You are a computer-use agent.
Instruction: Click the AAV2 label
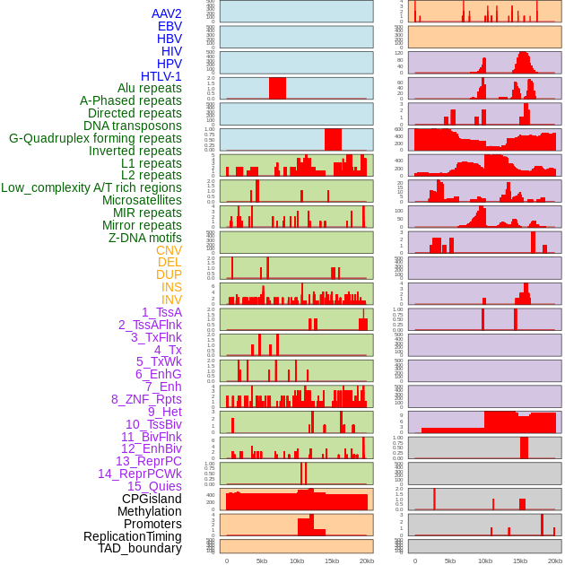click(x=166, y=13)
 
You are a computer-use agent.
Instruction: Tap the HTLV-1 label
click(x=161, y=76)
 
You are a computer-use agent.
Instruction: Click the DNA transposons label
click(x=132, y=126)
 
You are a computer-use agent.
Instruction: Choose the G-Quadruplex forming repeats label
click(x=95, y=138)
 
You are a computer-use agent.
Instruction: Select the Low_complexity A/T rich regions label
click(x=91, y=187)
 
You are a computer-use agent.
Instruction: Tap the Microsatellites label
click(x=142, y=200)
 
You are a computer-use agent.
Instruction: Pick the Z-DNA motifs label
click(x=144, y=238)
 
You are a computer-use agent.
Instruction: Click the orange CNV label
click(x=169, y=250)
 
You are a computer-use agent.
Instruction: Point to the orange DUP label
click(x=169, y=274)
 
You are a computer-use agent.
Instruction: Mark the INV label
click(x=171, y=300)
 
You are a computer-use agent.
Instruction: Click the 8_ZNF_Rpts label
click(x=146, y=399)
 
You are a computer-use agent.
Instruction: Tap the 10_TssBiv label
click(x=153, y=424)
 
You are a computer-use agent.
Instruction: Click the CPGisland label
click(x=152, y=499)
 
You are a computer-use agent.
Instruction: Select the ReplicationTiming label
click(x=132, y=536)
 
